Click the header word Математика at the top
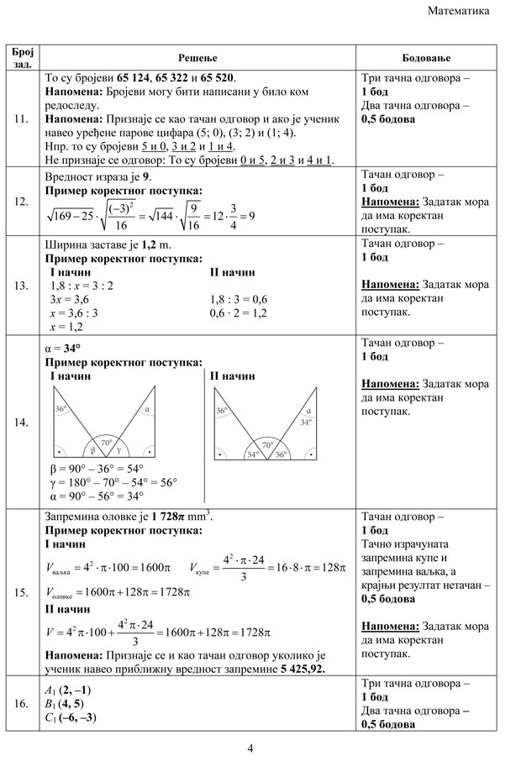458,12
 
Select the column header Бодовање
427,57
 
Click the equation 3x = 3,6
70,299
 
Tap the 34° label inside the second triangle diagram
308,423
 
